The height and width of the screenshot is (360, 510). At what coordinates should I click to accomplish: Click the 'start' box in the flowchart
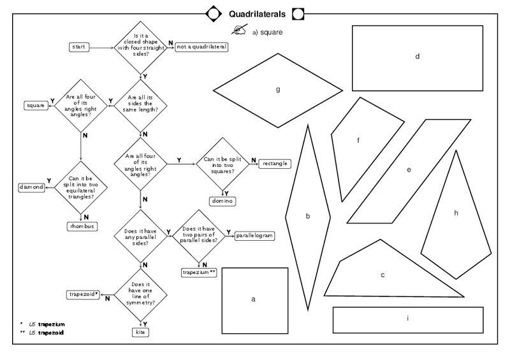(79, 47)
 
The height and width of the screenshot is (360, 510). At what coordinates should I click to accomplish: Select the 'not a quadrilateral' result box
(201, 47)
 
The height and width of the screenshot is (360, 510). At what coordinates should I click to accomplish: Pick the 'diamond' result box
(32, 187)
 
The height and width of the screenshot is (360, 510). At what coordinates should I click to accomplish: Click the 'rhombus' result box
(81, 226)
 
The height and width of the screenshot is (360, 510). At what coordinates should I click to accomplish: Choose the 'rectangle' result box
(274, 163)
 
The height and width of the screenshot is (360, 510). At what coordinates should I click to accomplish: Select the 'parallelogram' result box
(254, 236)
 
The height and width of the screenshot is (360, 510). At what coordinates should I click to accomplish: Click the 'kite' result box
(140, 332)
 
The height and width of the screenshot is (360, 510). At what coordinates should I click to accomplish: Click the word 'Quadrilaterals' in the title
(257, 13)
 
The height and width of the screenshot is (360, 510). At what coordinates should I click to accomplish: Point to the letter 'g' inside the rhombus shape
(278, 89)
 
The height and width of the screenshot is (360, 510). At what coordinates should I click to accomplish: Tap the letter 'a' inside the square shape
(253, 298)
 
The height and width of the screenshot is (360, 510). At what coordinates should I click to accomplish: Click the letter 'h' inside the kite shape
(456, 213)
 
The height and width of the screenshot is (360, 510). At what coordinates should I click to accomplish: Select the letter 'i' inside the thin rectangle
(407, 317)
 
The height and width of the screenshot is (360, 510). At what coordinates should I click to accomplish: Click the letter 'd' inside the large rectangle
(417, 57)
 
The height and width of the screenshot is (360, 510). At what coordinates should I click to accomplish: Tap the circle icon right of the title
(298, 13)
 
